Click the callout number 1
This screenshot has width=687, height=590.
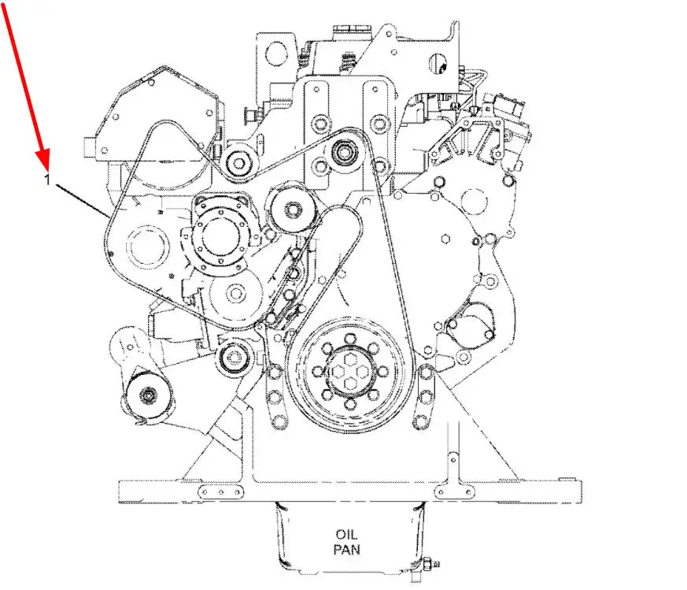pos(47,179)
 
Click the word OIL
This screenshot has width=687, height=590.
pos(346,534)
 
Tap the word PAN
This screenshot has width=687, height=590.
pos(346,549)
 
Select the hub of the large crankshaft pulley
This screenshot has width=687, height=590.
pos(349,372)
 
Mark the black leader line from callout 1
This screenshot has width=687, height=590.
pos(83,201)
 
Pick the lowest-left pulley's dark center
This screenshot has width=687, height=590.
pos(149,395)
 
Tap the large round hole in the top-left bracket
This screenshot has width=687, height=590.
pos(276,54)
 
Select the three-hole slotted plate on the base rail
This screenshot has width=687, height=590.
pos(221,492)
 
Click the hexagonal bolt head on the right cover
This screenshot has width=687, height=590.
pos(445,239)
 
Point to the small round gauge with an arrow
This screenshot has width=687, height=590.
pos(439,64)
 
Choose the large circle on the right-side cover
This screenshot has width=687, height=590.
pos(475,202)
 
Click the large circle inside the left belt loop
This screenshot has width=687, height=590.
pos(147,249)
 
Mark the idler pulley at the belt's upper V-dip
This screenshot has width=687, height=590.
pos(239,164)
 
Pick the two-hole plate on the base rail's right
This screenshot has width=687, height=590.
pos(454,492)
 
